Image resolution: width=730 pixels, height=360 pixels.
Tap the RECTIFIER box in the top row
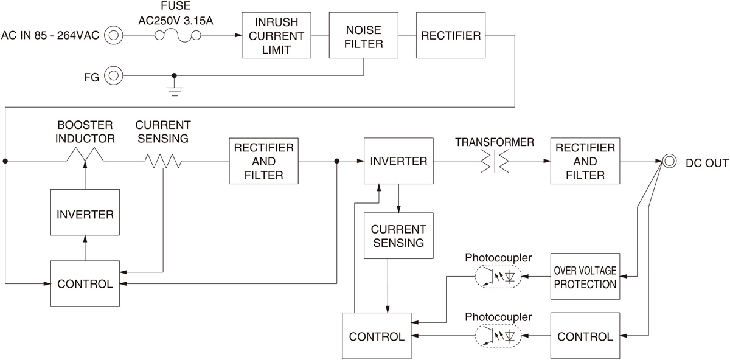pyautogui.click(x=451, y=35)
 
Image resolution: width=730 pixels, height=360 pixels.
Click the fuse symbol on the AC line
pyautogui.click(x=178, y=35)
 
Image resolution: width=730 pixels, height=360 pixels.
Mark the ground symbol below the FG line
pyautogui.click(x=175, y=89)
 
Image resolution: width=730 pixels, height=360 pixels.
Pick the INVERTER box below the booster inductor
pyautogui.click(x=85, y=214)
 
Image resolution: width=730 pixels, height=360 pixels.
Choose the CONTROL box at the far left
pyautogui.click(x=85, y=283)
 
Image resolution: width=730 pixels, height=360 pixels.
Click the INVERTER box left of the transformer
pyautogui.click(x=399, y=161)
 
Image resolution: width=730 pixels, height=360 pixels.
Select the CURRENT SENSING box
pyautogui.click(x=398, y=237)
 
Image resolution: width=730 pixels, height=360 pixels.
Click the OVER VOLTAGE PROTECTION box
pyautogui.click(x=585, y=277)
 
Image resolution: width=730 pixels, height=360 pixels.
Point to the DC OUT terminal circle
pyautogui.click(x=669, y=161)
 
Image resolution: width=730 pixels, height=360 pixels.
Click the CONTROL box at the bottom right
pyautogui.click(x=585, y=336)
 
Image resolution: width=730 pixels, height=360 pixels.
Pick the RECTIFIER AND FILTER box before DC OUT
pyautogui.click(x=585, y=161)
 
